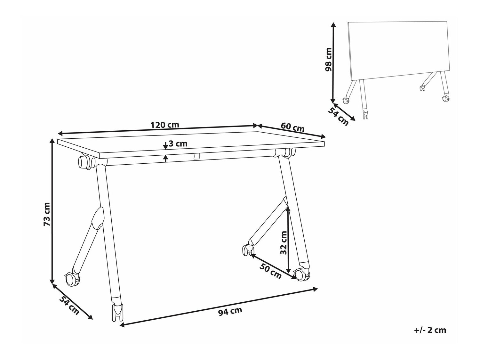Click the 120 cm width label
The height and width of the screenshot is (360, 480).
click(165, 125)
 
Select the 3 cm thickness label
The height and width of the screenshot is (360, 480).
click(178, 144)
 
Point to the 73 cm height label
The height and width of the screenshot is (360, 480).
click(47, 214)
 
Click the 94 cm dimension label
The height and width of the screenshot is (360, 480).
click(230, 311)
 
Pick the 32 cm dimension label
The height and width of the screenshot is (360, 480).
click(284, 243)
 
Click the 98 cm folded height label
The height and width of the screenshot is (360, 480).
click(328, 60)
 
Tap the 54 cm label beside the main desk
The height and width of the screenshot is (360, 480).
click(69, 306)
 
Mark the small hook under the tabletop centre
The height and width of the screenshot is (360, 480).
click(196, 156)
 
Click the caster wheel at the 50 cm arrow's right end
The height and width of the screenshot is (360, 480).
click(302, 275)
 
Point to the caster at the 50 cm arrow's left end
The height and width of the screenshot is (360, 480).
click(247, 250)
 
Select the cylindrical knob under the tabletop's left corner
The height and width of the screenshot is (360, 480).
click(84, 162)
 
